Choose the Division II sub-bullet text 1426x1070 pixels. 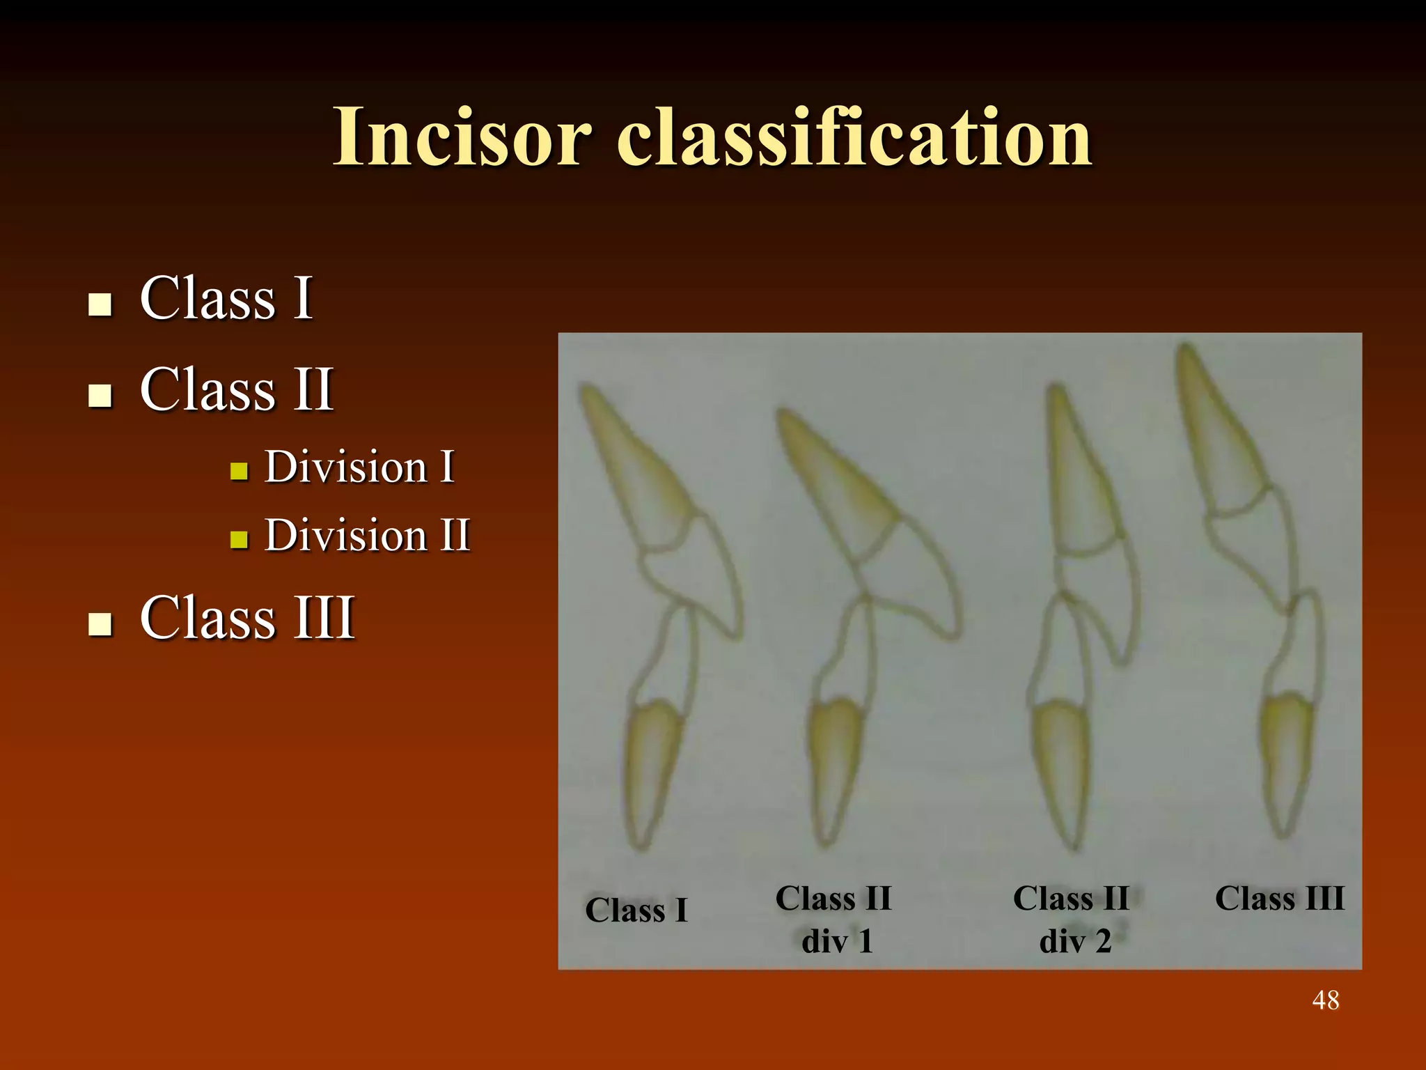368,535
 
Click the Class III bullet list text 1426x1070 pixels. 247,617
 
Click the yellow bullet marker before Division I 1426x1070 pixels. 239,472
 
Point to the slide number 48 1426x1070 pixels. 1325,1000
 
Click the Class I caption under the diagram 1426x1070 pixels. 636,910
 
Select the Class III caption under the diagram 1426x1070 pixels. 1279,898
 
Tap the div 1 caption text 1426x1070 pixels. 837,941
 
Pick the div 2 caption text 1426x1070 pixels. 1074,941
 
